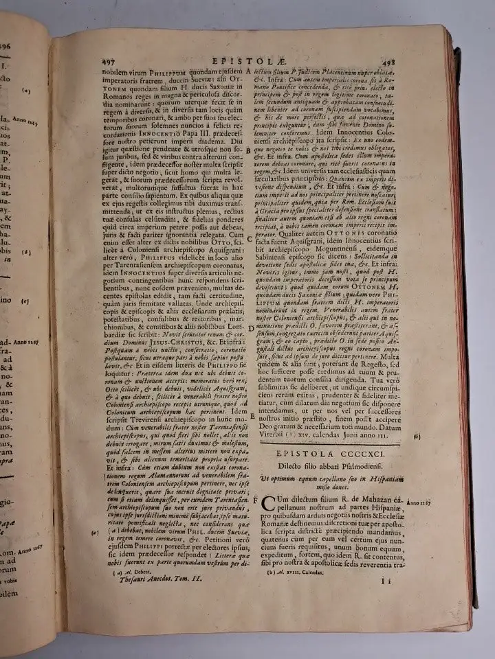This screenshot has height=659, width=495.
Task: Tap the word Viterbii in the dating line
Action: pos(282,435)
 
